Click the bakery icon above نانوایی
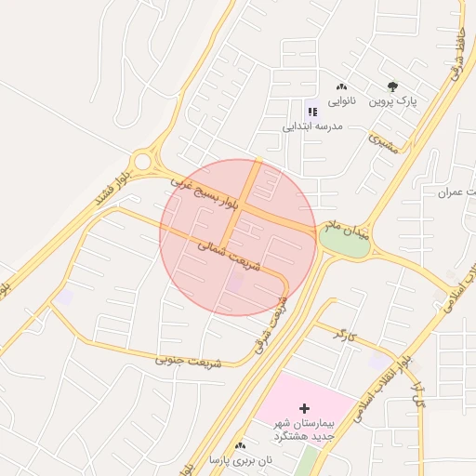(x=341, y=87)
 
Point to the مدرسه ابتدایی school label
(x=314, y=125)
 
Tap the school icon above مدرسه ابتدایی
(x=311, y=112)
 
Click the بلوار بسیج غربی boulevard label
(x=205, y=192)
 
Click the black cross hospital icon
(x=304, y=408)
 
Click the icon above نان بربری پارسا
(x=240, y=446)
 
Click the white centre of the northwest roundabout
(x=141, y=162)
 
